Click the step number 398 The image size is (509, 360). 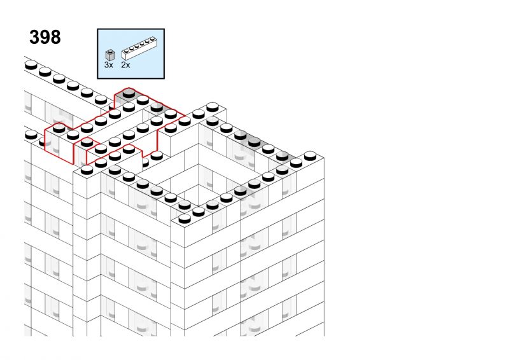(45, 38)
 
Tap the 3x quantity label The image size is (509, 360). (109, 65)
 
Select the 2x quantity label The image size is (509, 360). (125, 65)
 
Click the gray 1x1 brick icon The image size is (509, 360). (110, 55)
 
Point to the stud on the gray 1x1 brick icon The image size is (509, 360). (110, 52)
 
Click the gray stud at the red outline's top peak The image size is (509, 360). (129, 93)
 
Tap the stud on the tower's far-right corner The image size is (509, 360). (310, 156)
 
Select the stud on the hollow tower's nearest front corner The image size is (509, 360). (185, 219)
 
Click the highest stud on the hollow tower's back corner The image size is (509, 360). (213, 107)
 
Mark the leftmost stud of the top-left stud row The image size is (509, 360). (31, 66)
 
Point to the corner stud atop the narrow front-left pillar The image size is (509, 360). (87, 170)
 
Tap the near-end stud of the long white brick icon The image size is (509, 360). (126, 52)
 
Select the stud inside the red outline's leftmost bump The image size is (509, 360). (59, 128)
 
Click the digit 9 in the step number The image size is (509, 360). (45, 38)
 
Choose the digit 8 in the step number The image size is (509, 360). (55, 38)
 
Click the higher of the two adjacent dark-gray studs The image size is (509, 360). (241, 135)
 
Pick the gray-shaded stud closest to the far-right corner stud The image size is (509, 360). (282, 156)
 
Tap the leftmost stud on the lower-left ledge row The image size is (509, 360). (31, 135)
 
